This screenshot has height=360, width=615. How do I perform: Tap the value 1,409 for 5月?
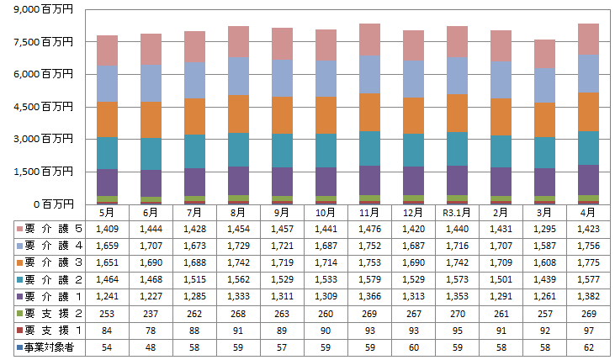[x=107, y=228]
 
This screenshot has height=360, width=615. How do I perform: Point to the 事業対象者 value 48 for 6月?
[x=151, y=347]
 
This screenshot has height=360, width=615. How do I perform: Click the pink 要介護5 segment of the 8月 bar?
[x=238, y=41]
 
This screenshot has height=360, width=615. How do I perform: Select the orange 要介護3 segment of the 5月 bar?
[x=107, y=119]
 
